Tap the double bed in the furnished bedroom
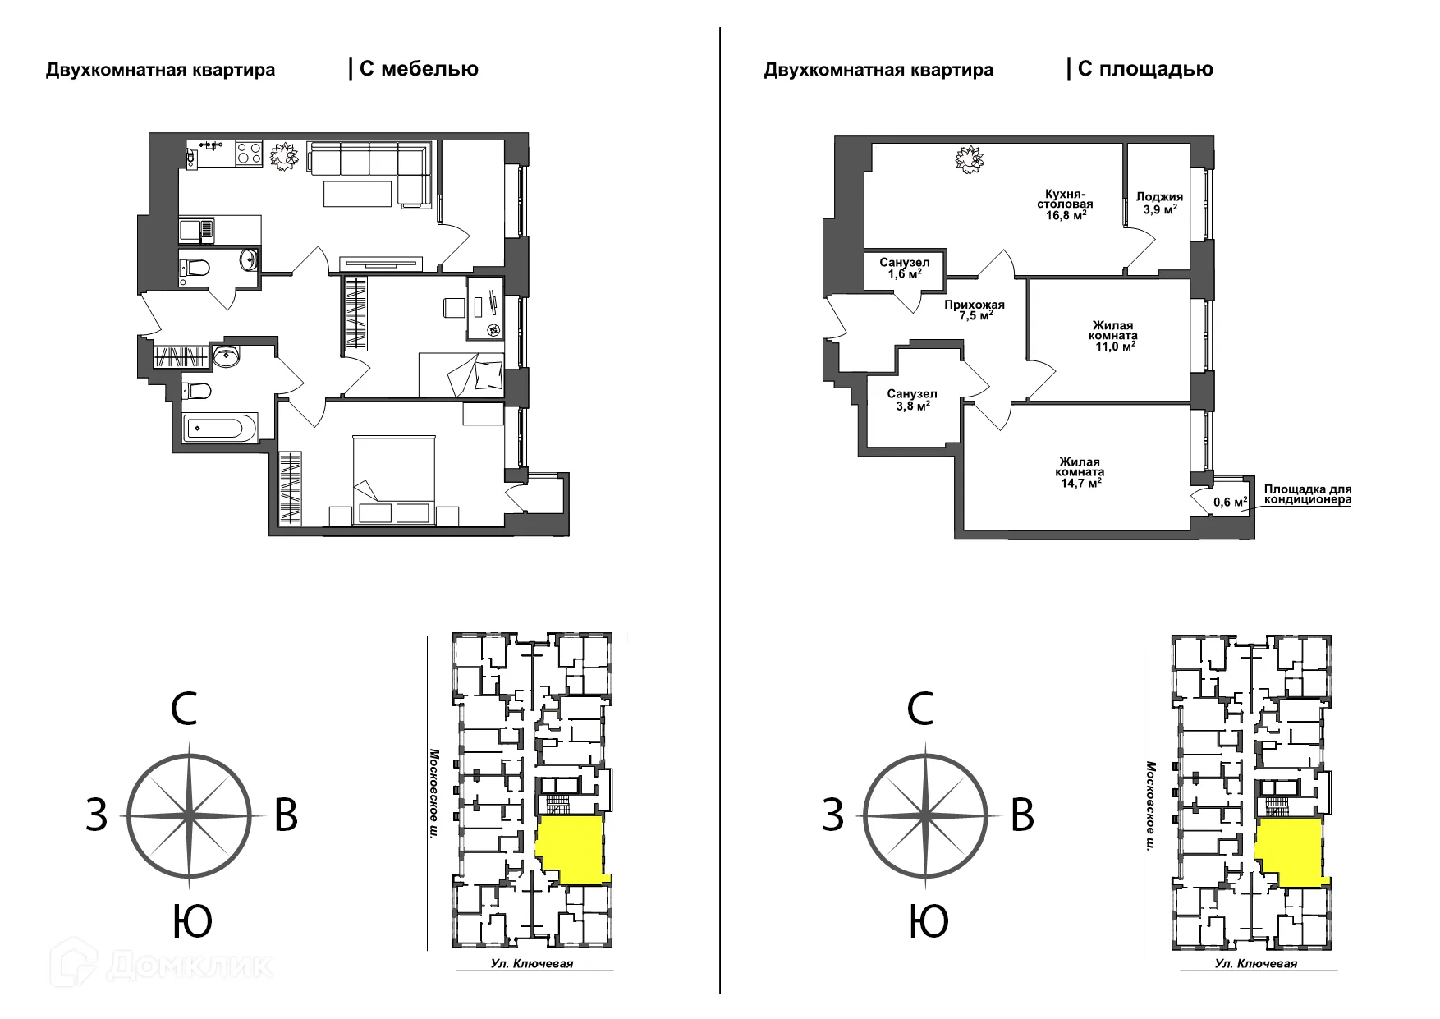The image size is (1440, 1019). coord(393,480)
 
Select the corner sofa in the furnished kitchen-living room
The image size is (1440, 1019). coord(369,173)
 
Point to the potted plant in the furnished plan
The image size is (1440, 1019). coord(284,155)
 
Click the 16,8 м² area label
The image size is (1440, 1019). coord(1066,215)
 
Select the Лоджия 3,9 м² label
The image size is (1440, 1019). coord(1159,203)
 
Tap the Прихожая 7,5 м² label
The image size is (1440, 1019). coord(974,310)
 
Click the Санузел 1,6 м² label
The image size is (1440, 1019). coord(904,269)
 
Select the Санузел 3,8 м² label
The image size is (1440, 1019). coord(911,400)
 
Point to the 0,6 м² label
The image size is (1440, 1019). coord(1231,502)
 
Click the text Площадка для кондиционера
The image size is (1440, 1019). coord(1308,494)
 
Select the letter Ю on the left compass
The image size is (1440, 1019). coord(192,921)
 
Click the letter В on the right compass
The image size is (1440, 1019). coord(1022,815)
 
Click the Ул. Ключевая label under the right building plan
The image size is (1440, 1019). coord(1257,963)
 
